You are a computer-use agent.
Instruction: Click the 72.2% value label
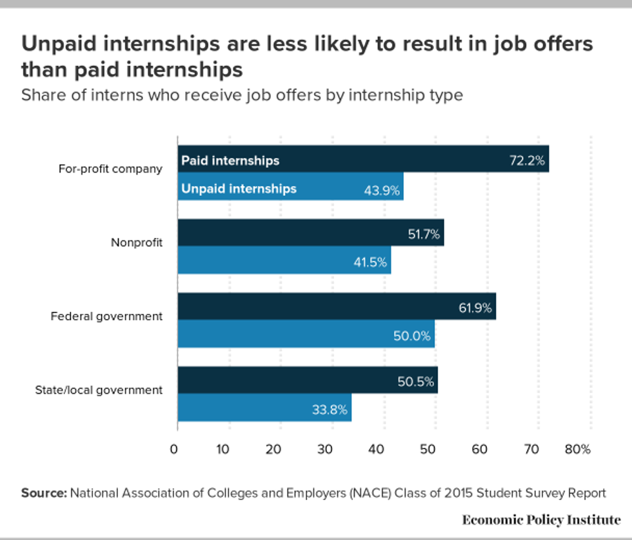(x=526, y=160)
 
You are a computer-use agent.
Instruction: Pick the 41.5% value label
(x=370, y=262)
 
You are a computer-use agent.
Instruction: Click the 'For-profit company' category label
(x=110, y=169)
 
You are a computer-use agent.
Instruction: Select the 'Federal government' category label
(x=107, y=316)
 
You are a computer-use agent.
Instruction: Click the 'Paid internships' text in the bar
(x=230, y=160)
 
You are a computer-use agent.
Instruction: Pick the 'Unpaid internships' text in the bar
(x=239, y=189)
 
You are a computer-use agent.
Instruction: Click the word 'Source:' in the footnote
(x=44, y=493)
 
